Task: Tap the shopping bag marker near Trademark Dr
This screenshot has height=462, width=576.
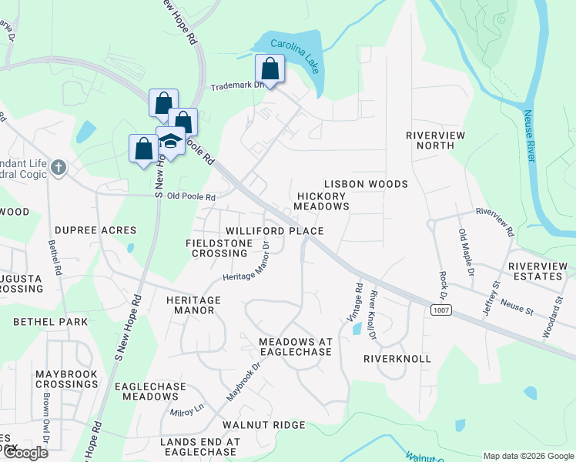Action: click(270, 68)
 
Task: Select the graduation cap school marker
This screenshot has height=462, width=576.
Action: click(170, 141)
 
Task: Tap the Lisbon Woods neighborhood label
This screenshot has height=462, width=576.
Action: click(366, 185)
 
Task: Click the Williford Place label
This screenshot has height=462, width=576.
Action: click(274, 231)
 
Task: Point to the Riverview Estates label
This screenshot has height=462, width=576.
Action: click(537, 271)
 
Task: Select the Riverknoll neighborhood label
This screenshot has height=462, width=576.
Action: click(397, 359)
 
